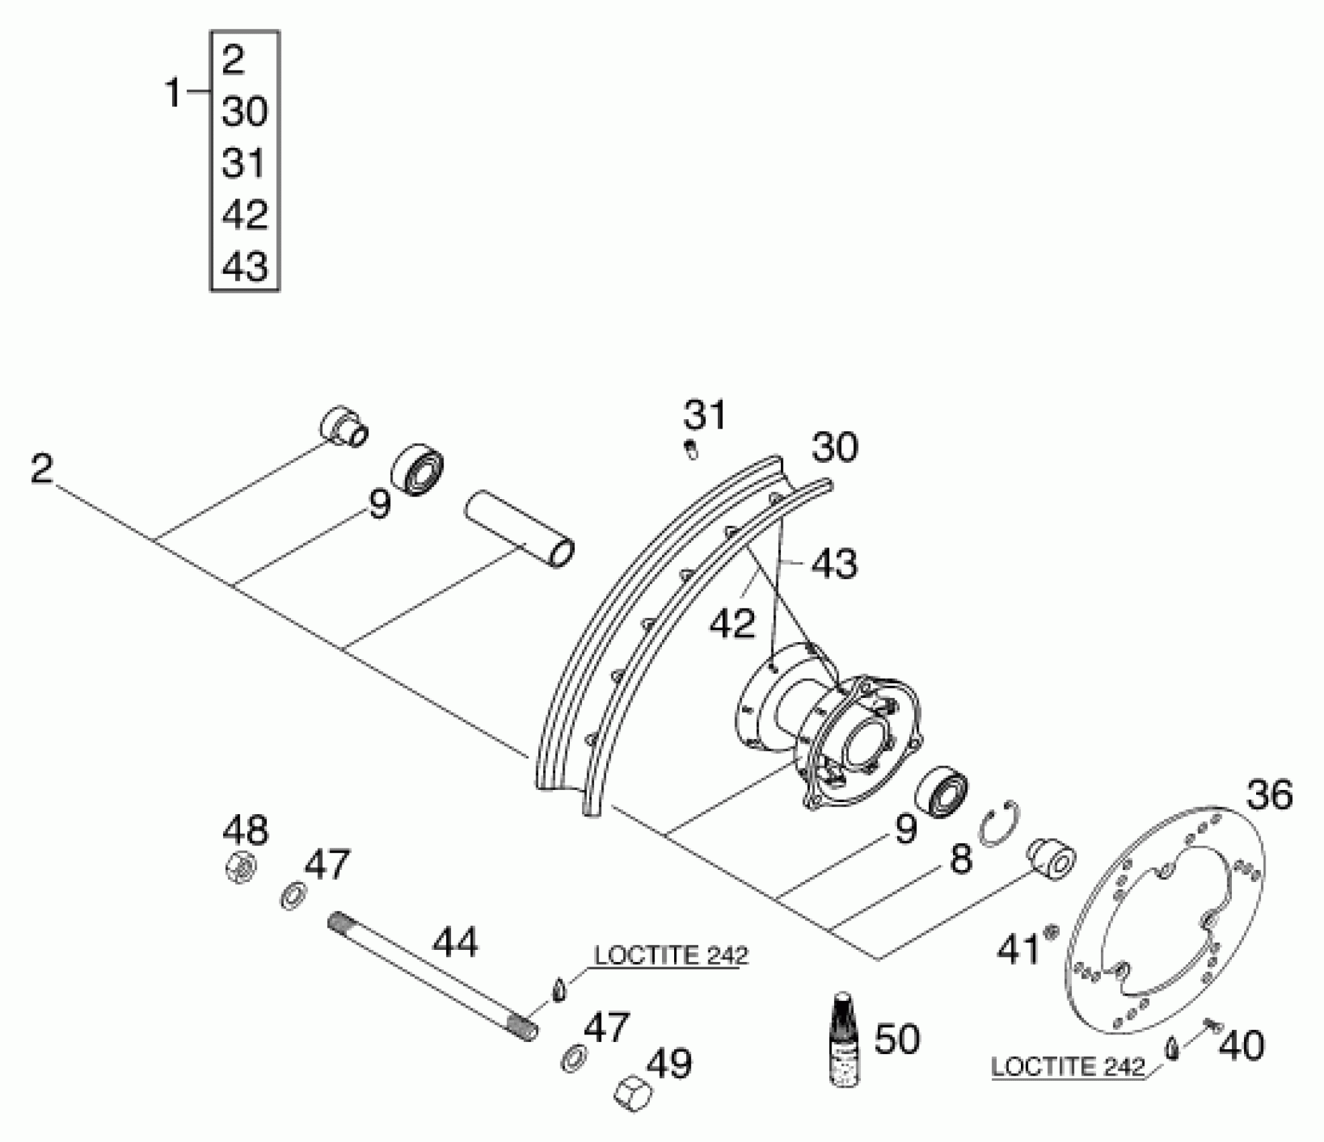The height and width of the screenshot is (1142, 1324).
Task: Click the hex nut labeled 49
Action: (x=633, y=1092)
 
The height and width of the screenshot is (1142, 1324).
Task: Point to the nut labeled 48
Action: (x=240, y=867)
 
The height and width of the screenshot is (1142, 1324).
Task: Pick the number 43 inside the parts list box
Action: (x=245, y=267)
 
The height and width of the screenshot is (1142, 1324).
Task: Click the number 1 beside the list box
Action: (x=173, y=93)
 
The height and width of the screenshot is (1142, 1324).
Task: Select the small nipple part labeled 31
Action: (x=690, y=449)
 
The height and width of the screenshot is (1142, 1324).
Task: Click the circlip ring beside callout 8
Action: (x=999, y=824)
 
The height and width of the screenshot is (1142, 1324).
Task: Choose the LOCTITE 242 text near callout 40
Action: (x=1067, y=1067)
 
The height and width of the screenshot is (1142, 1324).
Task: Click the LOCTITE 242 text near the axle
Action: (x=671, y=955)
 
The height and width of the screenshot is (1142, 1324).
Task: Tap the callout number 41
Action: (x=1018, y=950)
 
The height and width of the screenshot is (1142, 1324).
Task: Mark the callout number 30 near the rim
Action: (x=835, y=447)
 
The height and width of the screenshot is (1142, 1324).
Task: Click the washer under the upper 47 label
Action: (x=293, y=896)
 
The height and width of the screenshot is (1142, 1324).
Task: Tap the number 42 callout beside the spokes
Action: (x=733, y=623)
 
